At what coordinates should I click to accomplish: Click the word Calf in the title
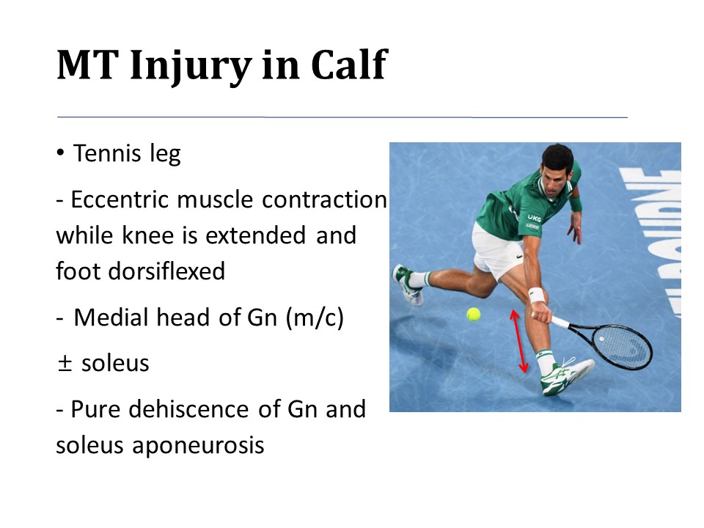click(349, 65)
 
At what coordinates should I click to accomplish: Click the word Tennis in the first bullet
click(107, 153)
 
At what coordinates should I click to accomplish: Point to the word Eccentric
click(120, 199)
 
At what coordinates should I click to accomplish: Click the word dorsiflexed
click(140, 271)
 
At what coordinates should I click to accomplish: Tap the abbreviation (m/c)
click(315, 318)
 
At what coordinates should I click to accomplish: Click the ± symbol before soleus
click(65, 363)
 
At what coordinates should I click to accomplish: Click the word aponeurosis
click(198, 446)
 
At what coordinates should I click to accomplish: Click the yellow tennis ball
click(473, 314)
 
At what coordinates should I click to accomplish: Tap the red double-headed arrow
click(518, 341)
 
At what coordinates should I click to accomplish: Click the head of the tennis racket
click(622, 346)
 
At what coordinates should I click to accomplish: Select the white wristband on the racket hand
click(536, 295)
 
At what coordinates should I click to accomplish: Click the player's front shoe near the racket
click(567, 375)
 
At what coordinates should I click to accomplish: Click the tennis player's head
click(557, 169)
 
